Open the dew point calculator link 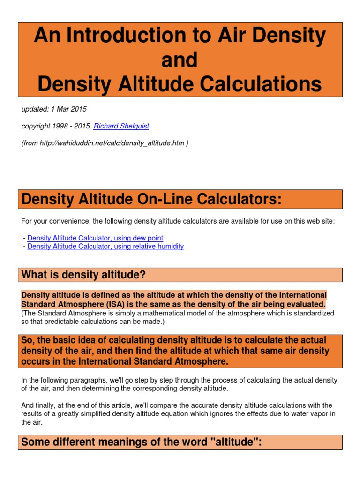point(95,238)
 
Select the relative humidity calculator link point(105,246)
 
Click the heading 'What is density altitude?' point(83,275)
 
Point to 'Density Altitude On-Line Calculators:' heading point(152,200)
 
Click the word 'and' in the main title point(180,60)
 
